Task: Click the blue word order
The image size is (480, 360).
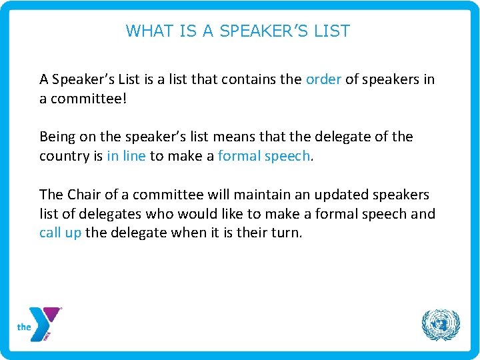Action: (x=323, y=79)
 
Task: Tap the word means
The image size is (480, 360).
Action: (x=237, y=137)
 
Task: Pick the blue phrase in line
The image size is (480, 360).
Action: (x=125, y=155)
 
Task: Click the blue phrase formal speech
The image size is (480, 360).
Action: (x=264, y=155)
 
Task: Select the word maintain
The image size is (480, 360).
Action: (x=255, y=195)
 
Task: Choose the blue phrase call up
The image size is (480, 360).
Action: (x=60, y=233)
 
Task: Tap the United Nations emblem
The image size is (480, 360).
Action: (x=441, y=325)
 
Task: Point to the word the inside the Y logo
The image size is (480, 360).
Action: (x=25, y=327)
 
